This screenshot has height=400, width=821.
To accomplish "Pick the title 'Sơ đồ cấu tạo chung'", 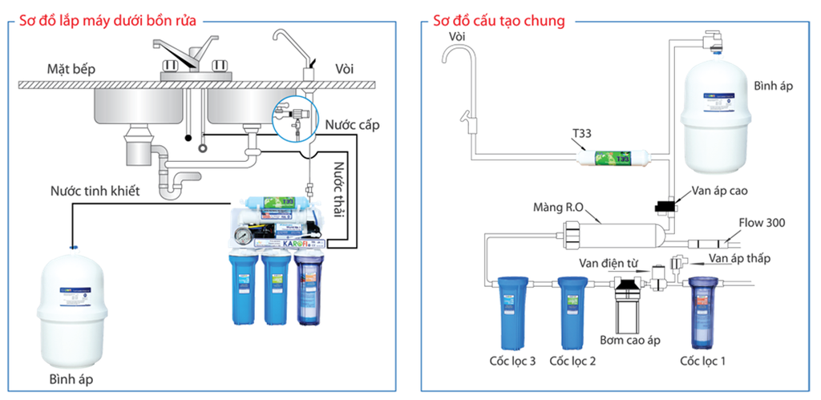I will pos(498,20).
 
